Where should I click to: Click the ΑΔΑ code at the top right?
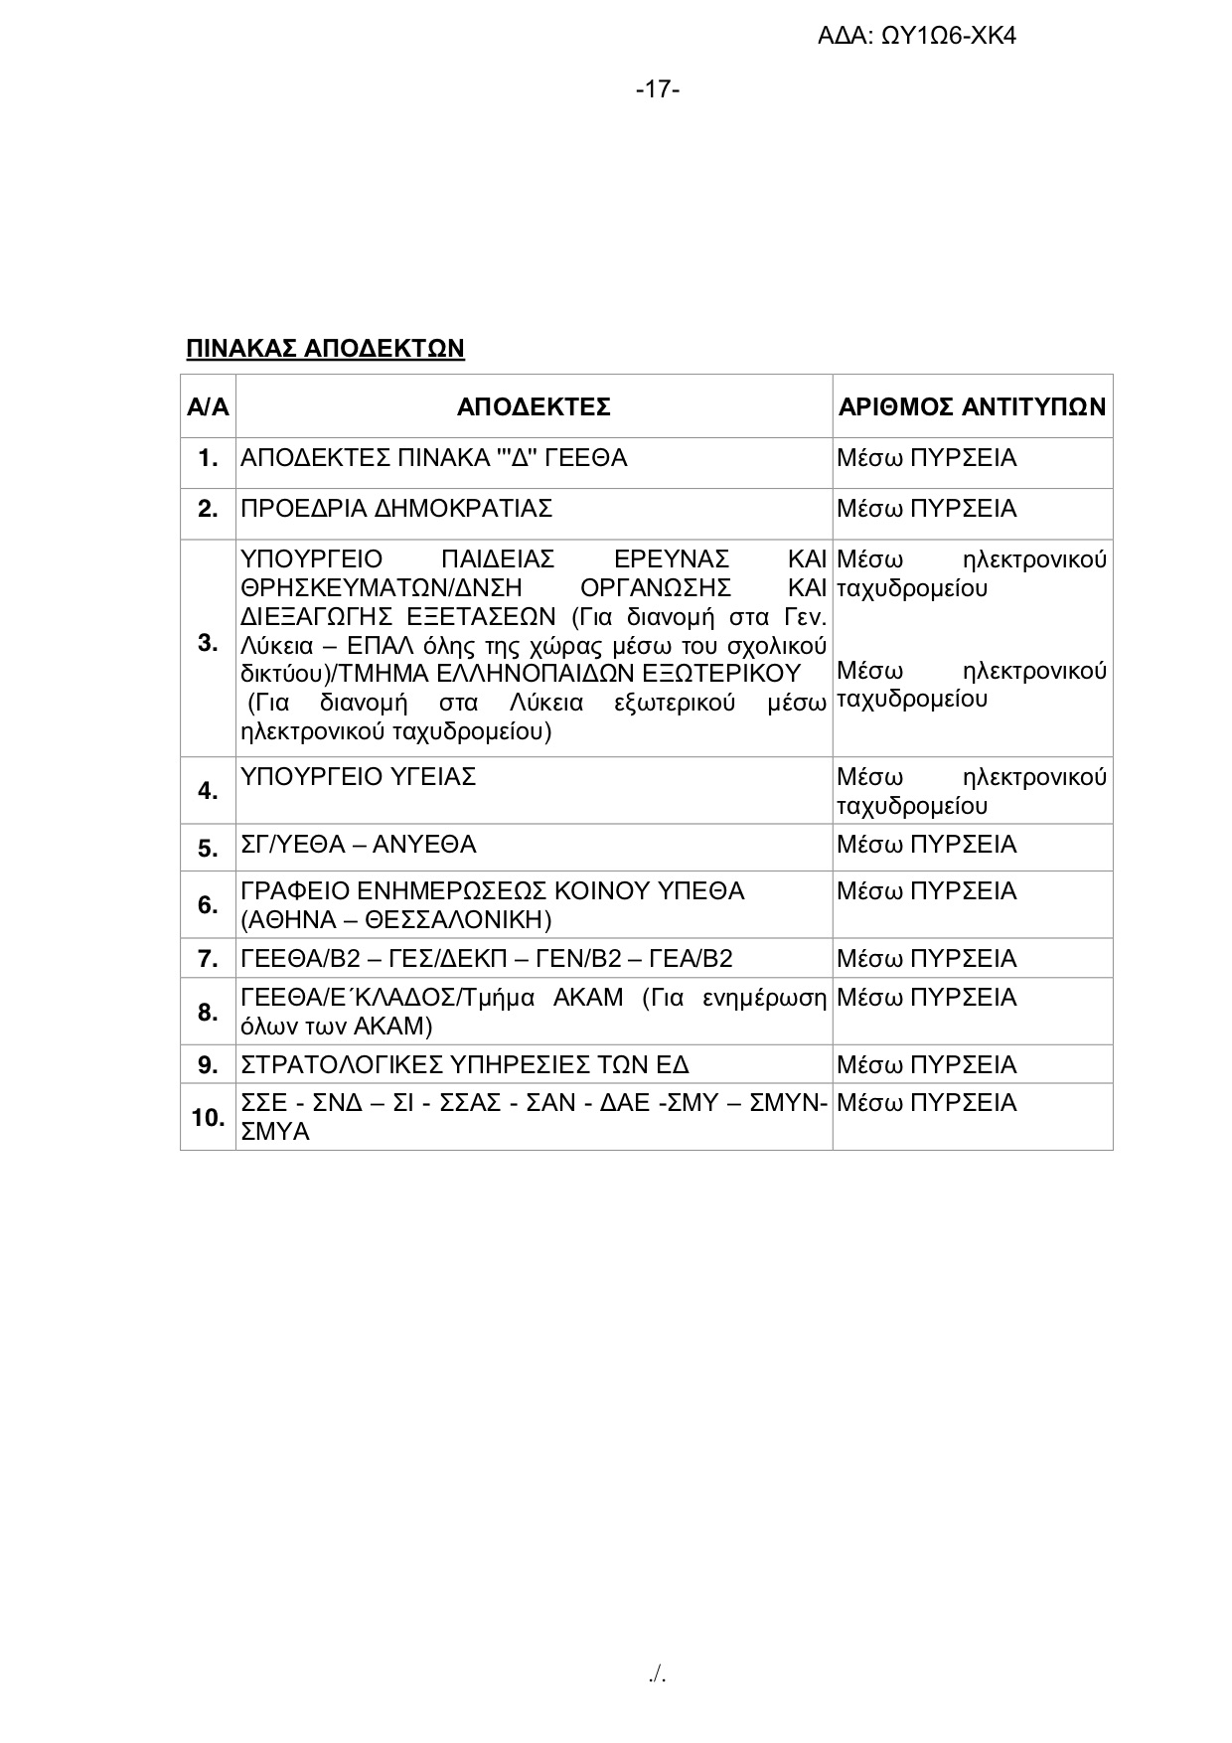[916, 37]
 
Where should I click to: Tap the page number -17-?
[658, 89]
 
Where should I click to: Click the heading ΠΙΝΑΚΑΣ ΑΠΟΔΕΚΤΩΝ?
[325, 348]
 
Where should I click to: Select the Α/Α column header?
[208, 406]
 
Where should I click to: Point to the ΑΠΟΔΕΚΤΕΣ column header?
[534, 406]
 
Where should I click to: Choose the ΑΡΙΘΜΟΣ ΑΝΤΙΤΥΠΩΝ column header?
[972, 406]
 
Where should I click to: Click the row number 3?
[208, 643]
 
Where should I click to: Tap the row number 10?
[208, 1118]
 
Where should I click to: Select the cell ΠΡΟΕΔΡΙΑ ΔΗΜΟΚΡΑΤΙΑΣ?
[396, 509]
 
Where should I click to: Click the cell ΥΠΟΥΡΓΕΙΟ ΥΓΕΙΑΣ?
[359, 776]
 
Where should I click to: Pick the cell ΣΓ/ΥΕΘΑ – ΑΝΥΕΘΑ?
[359, 845]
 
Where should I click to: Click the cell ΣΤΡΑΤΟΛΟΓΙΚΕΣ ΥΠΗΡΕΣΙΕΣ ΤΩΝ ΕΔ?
[465, 1065]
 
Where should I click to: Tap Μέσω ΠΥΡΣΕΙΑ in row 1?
[926, 458]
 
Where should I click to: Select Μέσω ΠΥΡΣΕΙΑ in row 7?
[926, 959]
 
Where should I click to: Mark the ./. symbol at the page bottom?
[657, 1675]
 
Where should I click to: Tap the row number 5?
[208, 848]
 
